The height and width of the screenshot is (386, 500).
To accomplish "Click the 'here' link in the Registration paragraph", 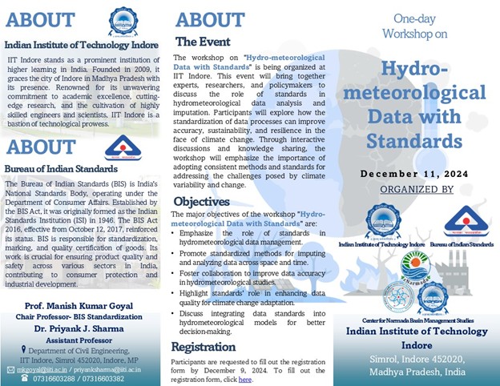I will [x=244, y=379].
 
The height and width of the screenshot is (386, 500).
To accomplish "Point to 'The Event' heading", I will [x=203, y=42].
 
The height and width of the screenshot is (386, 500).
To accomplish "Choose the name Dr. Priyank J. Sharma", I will [x=84, y=327].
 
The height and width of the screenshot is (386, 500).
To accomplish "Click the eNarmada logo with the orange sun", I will [x=414, y=266].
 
